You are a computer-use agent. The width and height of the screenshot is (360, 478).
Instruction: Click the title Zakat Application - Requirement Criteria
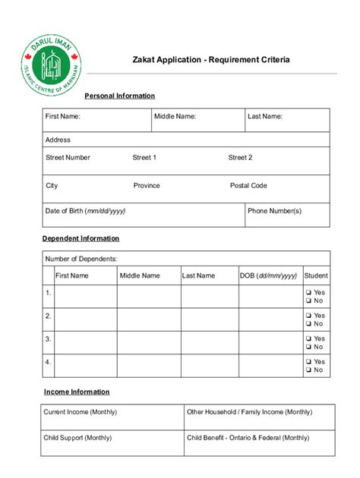click(x=211, y=58)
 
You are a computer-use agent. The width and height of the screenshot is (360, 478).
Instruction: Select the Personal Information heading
click(x=119, y=96)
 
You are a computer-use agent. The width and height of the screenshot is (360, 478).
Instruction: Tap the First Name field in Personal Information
click(x=96, y=120)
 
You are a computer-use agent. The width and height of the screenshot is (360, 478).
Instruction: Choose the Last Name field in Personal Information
click(x=286, y=120)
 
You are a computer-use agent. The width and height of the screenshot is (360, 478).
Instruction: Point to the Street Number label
click(x=68, y=158)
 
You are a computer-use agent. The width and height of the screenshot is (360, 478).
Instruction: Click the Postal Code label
click(x=248, y=185)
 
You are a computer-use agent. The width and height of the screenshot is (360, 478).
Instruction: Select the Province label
click(x=147, y=185)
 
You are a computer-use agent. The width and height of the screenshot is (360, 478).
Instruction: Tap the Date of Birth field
click(x=143, y=215)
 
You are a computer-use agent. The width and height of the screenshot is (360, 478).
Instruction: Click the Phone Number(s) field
click(x=286, y=215)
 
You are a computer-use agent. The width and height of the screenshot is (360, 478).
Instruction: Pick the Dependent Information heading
click(x=81, y=238)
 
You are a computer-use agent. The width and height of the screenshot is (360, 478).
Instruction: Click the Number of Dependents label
click(x=81, y=259)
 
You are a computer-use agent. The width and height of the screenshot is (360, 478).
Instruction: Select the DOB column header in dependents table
click(x=268, y=276)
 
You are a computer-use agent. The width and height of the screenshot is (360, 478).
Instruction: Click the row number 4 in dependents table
click(x=48, y=362)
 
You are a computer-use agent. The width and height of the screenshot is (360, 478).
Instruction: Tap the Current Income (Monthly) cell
click(x=112, y=417)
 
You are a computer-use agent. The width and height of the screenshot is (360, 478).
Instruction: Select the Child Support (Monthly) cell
click(x=112, y=443)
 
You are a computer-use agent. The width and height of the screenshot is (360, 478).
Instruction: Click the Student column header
click(x=316, y=276)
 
